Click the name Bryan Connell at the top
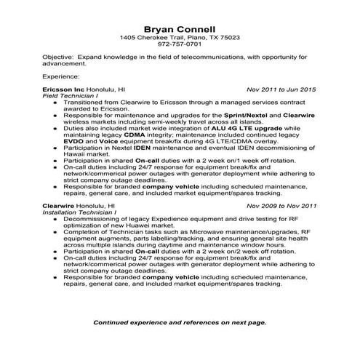(180, 27)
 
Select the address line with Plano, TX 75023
(180, 36)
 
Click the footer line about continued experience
(180, 321)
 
